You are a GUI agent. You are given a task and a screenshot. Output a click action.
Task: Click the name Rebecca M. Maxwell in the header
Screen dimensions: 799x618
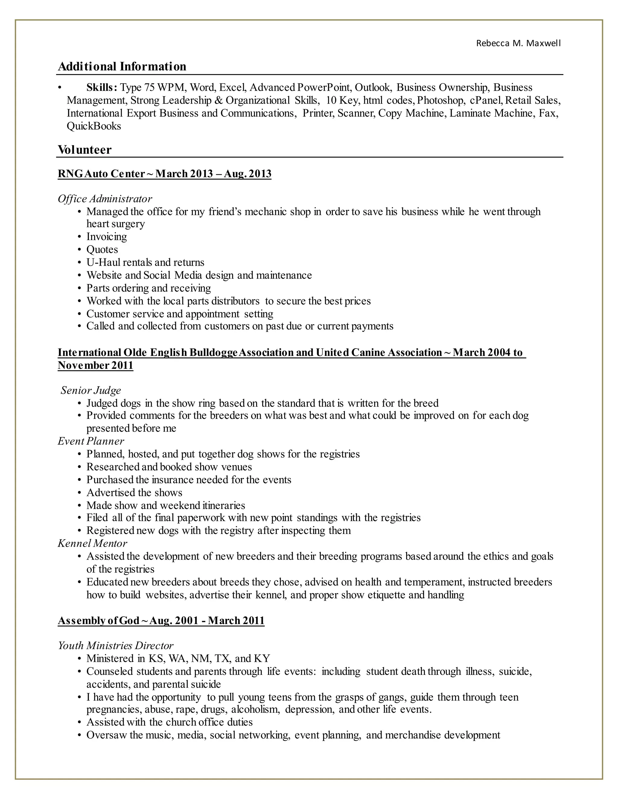[x=518, y=43]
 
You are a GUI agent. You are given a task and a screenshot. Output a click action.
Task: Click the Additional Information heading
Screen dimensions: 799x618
[x=122, y=67]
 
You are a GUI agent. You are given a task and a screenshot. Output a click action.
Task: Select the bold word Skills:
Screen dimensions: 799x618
[x=102, y=87]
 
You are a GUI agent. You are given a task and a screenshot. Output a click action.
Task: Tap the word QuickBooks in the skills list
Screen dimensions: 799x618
[x=94, y=126]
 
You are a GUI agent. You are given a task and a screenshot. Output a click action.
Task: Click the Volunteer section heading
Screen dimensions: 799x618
[x=84, y=150]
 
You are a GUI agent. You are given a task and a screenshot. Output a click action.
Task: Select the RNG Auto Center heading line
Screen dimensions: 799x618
[x=164, y=173]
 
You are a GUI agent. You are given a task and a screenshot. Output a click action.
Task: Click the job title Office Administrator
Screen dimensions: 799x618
[x=105, y=199]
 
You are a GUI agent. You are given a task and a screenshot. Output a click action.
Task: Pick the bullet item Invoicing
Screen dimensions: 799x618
[x=107, y=237]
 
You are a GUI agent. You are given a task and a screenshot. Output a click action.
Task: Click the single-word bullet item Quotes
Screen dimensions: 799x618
[x=102, y=250]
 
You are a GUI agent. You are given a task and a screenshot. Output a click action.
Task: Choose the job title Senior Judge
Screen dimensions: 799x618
[x=91, y=390]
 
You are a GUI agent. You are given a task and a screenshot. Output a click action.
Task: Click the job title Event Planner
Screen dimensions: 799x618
[x=91, y=441]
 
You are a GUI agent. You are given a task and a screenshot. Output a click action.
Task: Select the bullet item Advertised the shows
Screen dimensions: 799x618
[x=134, y=492]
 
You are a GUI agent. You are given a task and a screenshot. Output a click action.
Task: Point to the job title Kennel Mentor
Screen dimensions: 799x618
[x=92, y=543]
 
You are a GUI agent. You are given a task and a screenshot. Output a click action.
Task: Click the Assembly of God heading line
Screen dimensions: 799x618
[x=161, y=621]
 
